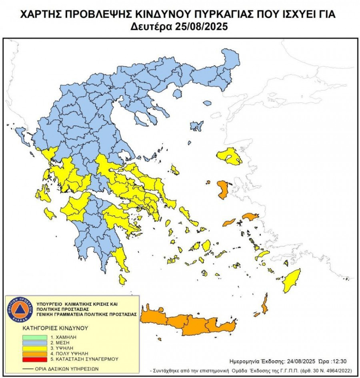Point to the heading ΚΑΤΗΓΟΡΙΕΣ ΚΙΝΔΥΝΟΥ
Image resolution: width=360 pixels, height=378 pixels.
tap(55, 328)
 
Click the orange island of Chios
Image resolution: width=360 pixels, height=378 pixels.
tap(222, 189)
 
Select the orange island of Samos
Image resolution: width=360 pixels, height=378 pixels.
tap(251, 217)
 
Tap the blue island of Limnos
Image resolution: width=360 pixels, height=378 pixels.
tap(196, 126)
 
